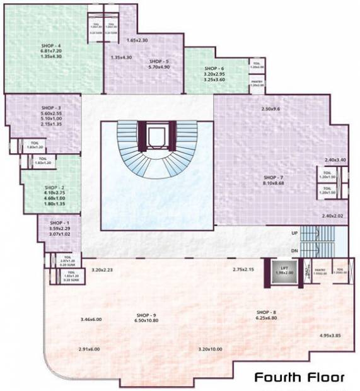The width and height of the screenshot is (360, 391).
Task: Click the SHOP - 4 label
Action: point(50,45)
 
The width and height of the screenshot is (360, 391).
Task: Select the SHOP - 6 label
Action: point(214,68)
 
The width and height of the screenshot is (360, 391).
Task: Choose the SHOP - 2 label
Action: point(55,187)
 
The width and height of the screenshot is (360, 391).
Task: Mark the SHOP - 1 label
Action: point(58,223)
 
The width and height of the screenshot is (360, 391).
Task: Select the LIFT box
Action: point(286,270)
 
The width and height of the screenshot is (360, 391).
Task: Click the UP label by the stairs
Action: point(294,233)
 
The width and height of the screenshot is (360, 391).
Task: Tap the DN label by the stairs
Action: point(294,251)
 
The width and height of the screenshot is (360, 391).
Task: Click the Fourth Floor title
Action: point(299,378)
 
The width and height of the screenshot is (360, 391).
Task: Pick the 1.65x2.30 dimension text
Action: point(137,40)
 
